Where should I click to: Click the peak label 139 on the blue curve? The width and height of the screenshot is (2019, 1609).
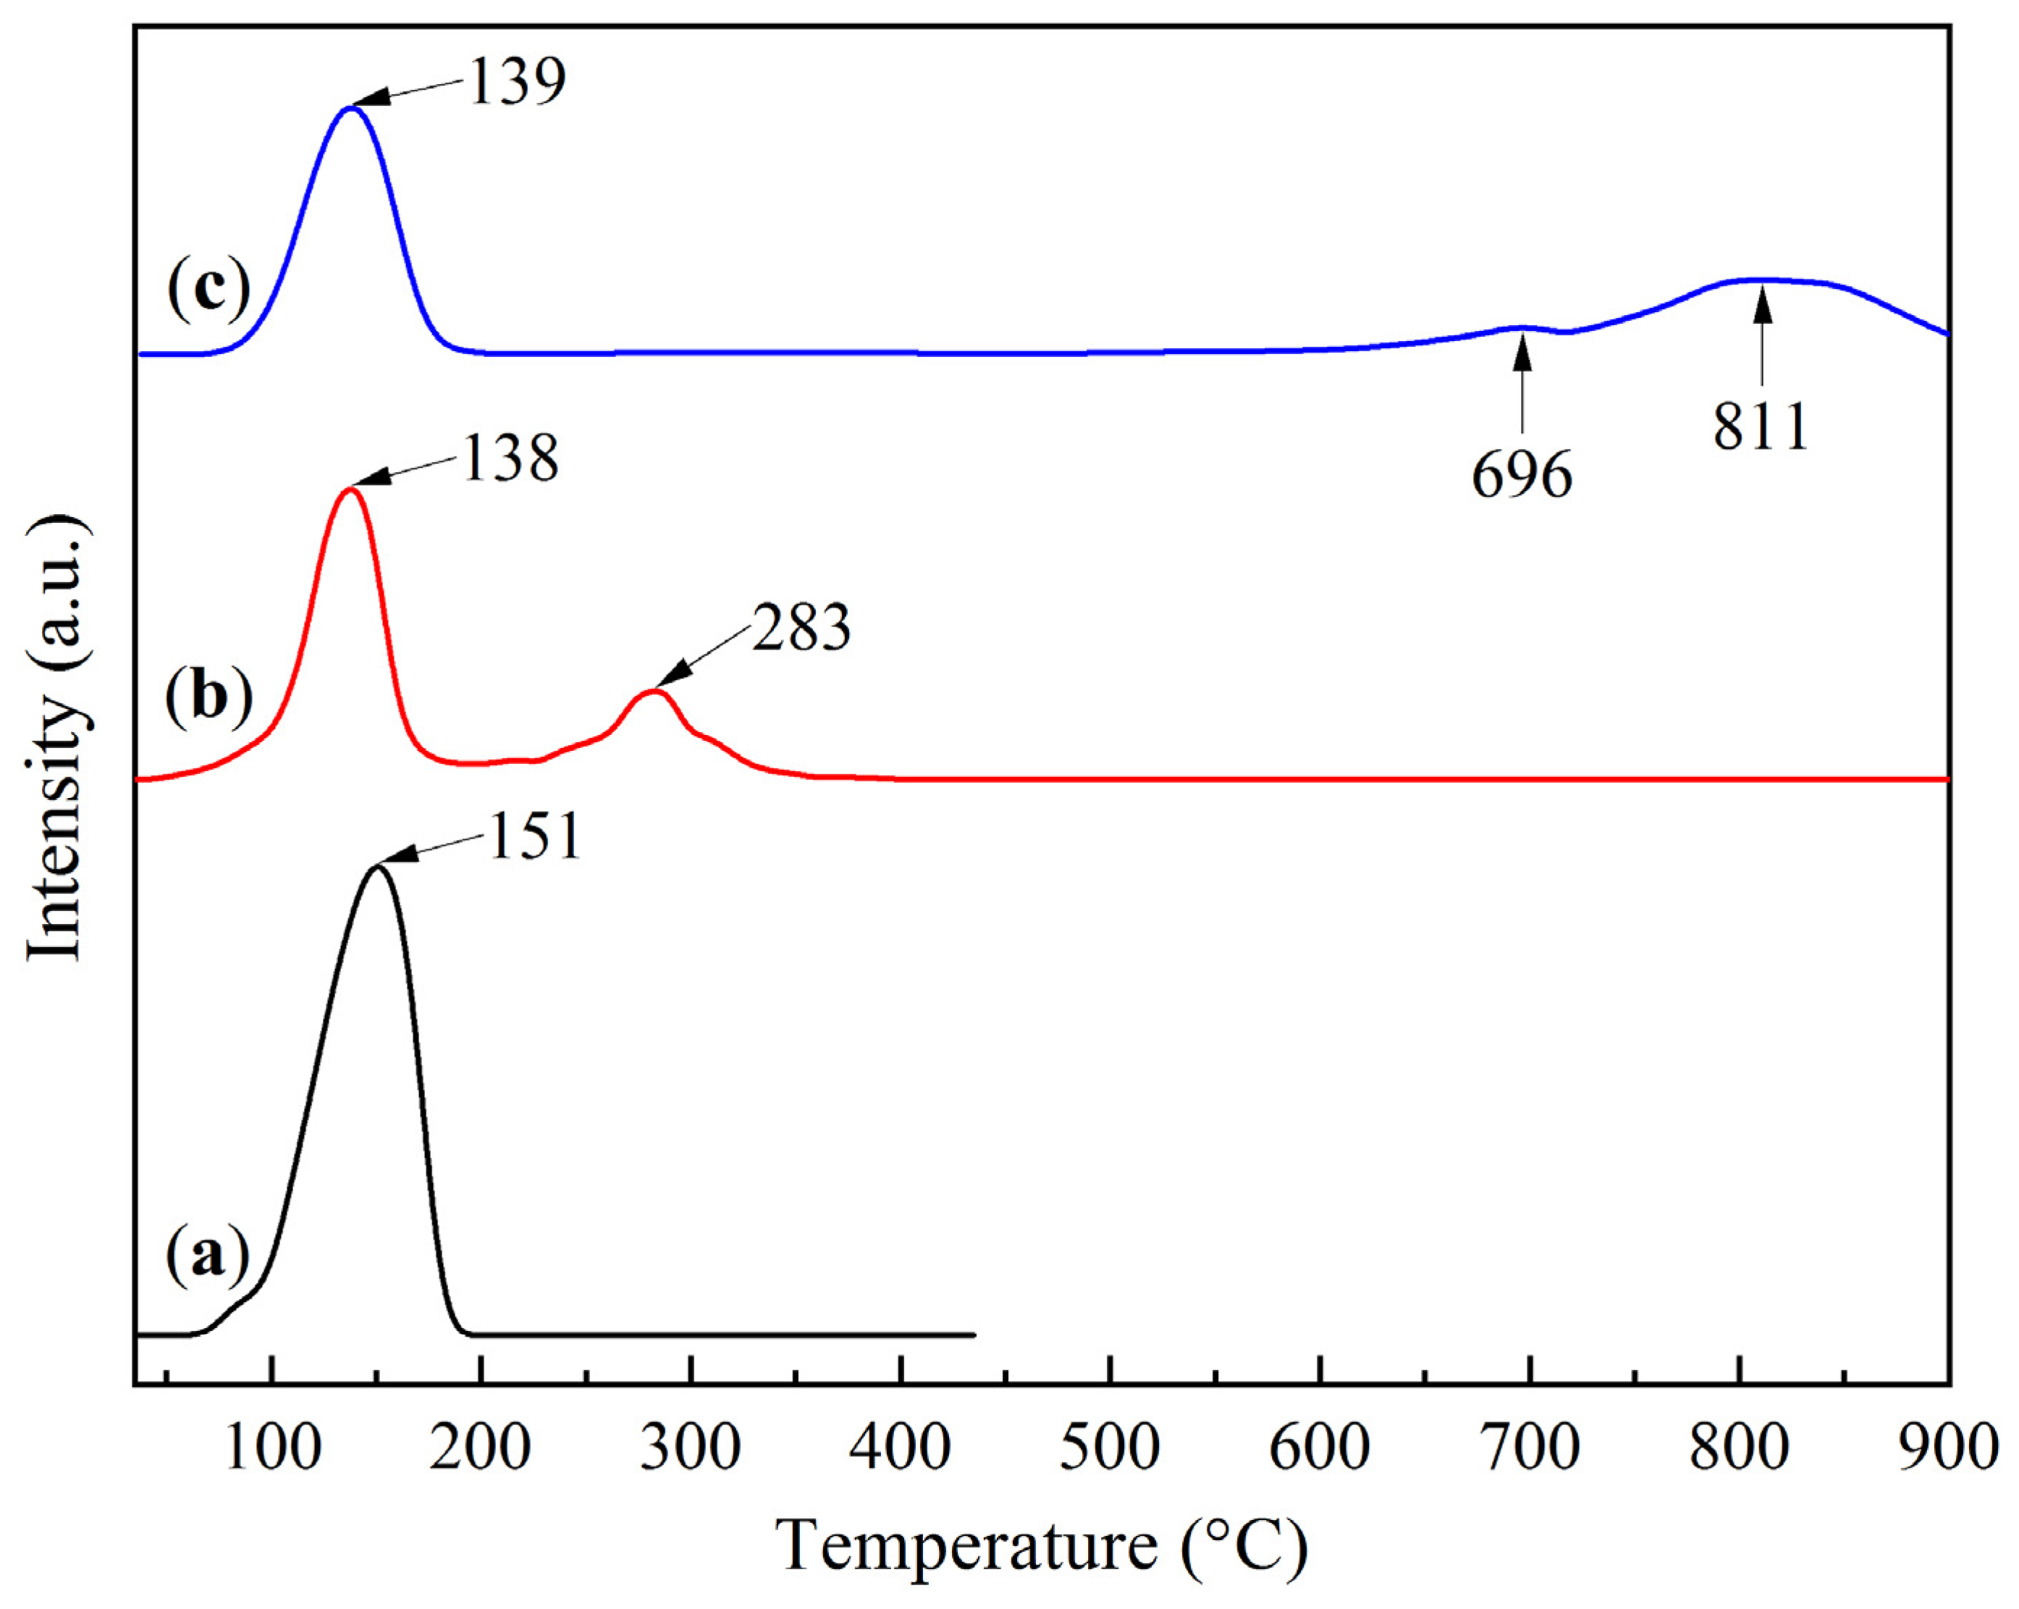tap(517, 82)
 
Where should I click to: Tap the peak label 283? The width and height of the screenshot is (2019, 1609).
tap(801, 629)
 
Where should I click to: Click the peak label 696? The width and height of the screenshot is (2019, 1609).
tap(1522, 476)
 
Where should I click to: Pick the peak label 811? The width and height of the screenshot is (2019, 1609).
tap(1761, 428)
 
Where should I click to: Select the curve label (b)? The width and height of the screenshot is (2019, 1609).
tap(208, 699)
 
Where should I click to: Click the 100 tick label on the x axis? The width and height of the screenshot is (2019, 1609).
tap(272, 1447)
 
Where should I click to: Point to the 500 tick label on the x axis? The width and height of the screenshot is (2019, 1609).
tap(1110, 1447)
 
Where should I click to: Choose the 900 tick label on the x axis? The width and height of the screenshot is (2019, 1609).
tap(1948, 1447)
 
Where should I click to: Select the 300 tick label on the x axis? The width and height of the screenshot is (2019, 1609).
tap(691, 1447)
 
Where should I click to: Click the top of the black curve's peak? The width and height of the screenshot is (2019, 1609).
tap(377, 867)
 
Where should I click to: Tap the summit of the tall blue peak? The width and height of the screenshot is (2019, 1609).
tap(350, 108)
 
